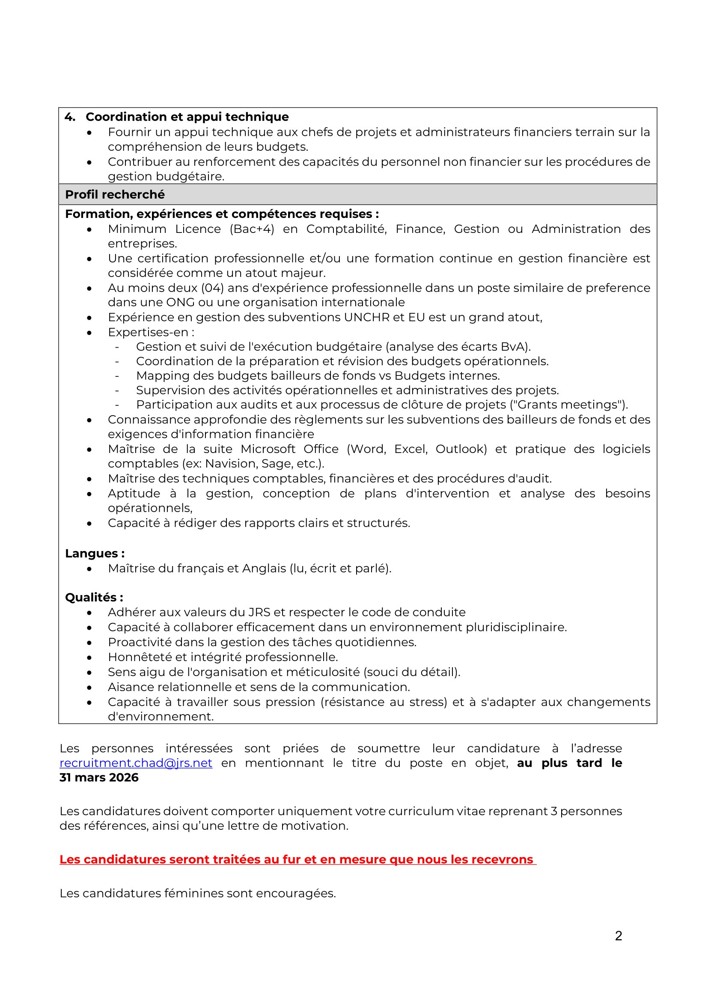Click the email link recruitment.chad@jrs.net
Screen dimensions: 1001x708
[136, 763]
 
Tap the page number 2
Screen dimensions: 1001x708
[618, 935]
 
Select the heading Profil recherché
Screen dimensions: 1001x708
[115, 194]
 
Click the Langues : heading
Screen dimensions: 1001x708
[95, 553]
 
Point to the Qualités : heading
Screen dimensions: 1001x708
[94, 597]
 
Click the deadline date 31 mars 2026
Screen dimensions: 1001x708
[99, 778]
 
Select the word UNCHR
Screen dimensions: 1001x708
[366, 317]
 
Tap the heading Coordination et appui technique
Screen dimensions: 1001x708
[187, 117]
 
